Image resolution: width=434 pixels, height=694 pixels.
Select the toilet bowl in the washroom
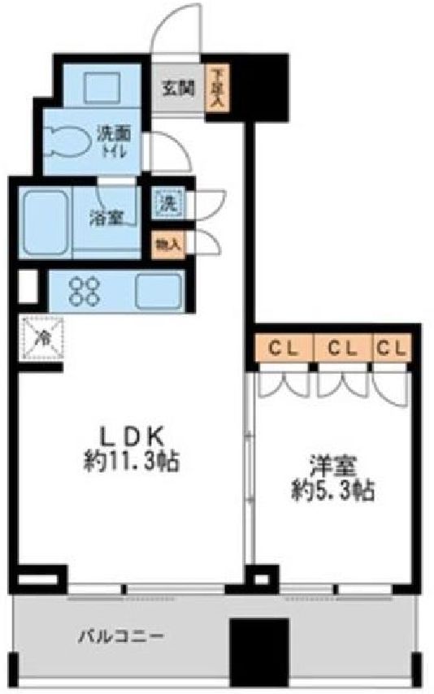66,141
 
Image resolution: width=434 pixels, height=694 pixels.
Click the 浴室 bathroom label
106,218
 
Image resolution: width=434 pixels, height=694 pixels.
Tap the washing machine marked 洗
168,203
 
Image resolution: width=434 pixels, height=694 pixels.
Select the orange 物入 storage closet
168,245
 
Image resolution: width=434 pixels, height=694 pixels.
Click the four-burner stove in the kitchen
85,291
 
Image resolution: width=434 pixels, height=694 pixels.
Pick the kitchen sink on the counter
158,291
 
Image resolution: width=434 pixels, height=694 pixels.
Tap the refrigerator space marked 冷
42,339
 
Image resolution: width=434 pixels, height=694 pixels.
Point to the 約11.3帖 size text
132,462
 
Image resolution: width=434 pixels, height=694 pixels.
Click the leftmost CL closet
284,349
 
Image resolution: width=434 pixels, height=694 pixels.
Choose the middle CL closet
342,349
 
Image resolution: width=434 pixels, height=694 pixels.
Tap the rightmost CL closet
392,349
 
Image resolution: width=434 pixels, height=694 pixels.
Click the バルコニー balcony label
121,637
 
